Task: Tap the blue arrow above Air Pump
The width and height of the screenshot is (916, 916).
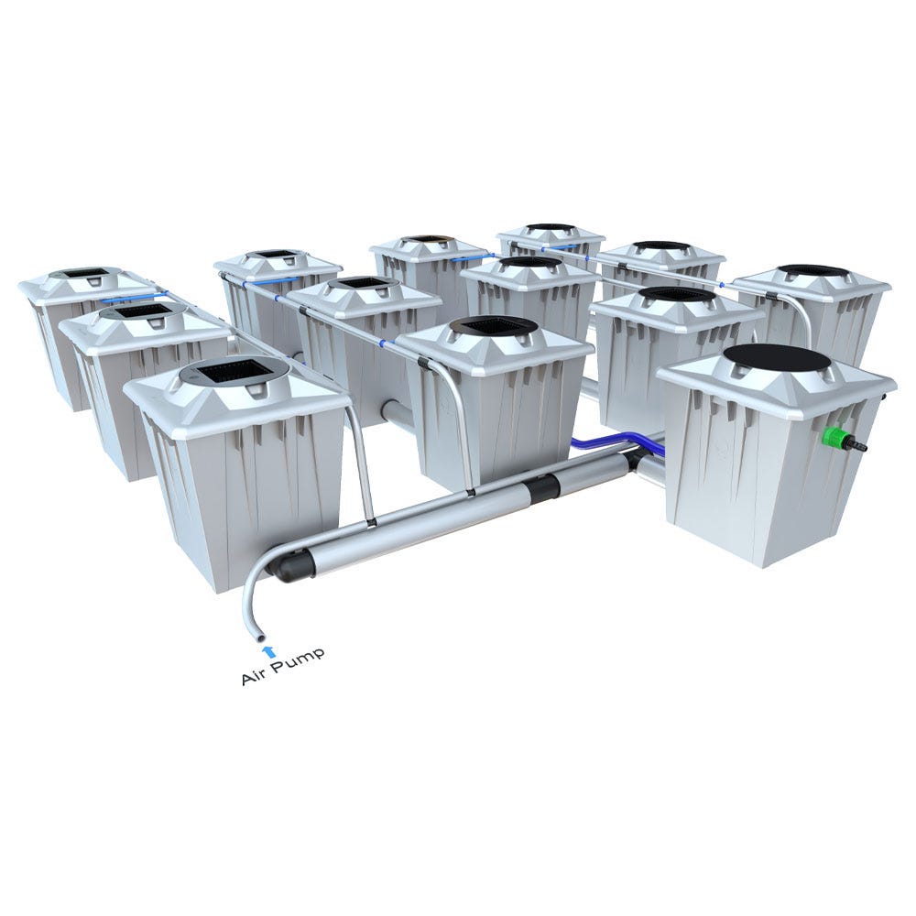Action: pos(267,651)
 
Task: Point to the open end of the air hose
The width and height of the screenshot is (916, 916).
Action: pos(257,636)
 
